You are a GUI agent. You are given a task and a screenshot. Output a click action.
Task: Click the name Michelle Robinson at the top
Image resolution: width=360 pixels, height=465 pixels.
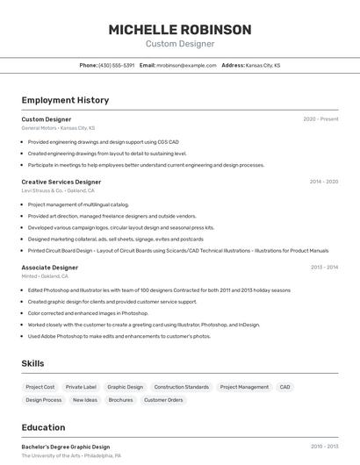(180, 30)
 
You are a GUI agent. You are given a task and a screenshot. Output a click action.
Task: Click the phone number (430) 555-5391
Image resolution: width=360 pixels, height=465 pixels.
(116, 66)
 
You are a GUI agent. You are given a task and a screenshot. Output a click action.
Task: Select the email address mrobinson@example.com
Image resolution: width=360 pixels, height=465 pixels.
(185, 66)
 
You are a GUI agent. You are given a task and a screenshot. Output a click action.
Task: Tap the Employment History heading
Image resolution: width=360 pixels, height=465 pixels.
(65, 100)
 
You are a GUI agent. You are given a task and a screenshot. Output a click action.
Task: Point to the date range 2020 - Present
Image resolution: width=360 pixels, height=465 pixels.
(320, 119)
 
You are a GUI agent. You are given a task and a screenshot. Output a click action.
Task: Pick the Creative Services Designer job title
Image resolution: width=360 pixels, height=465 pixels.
(61, 182)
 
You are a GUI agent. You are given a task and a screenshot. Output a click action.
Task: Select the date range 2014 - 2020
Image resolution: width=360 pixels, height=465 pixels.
(324, 182)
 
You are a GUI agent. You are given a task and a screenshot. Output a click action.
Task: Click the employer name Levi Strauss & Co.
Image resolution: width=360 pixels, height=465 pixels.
(42, 190)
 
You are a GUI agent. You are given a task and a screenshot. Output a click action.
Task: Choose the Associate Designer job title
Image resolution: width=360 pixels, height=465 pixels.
(49, 267)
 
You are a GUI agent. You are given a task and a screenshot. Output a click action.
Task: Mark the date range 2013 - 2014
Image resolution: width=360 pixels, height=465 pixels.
(324, 267)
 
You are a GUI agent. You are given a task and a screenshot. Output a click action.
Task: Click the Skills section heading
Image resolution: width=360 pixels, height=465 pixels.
(32, 363)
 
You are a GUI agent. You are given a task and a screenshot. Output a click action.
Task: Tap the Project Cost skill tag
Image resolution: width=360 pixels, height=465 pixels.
(40, 387)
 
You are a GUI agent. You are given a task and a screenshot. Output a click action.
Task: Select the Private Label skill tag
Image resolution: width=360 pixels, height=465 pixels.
(81, 387)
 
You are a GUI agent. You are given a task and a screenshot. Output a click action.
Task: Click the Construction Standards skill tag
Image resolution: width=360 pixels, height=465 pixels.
(181, 387)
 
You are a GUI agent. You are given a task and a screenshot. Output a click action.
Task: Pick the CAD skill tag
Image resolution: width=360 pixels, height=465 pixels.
(284, 387)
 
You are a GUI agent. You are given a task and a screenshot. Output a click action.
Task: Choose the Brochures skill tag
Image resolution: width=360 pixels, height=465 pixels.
(120, 400)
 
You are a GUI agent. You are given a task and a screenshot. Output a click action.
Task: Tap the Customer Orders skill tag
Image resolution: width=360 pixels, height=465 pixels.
(163, 400)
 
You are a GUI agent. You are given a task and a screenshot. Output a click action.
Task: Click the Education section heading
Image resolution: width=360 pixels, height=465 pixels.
(43, 427)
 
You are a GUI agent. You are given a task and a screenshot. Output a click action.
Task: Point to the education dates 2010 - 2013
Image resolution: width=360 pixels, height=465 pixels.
(324, 447)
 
